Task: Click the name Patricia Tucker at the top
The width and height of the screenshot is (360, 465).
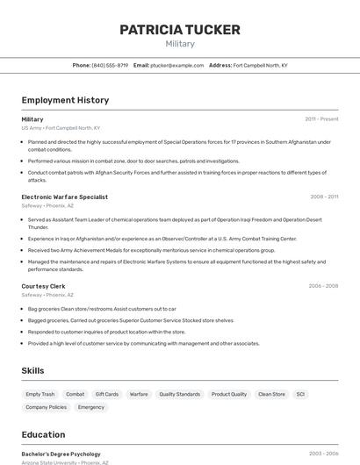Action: (x=179, y=30)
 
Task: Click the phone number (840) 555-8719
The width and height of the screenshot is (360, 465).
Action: (x=110, y=65)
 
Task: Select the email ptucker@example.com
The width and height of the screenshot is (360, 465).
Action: (x=176, y=65)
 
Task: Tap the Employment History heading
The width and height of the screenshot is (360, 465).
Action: (x=65, y=100)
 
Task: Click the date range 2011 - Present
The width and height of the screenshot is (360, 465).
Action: (x=321, y=119)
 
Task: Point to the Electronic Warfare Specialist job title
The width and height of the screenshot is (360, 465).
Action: (x=64, y=197)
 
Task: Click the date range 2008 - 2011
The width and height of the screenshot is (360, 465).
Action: (x=324, y=197)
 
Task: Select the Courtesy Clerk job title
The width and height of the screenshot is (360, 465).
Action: (x=43, y=286)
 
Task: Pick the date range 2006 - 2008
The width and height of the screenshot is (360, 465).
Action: (x=323, y=286)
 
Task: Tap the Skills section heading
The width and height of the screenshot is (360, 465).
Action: (x=32, y=371)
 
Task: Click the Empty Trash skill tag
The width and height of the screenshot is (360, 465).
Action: (x=40, y=395)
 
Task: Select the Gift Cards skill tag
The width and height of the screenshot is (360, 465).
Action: (x=107, y=395)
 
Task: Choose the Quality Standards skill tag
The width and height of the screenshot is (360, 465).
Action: (x=179, y=395)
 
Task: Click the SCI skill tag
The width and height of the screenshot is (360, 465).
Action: (x=300, y=395)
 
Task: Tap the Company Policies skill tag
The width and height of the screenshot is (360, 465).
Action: (x=46, y=407)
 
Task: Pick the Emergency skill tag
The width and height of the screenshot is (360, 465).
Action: (x=91, y=407)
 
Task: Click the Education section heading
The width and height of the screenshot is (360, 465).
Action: (x=43, y=434)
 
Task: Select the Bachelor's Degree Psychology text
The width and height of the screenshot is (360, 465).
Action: (x=61, y=454)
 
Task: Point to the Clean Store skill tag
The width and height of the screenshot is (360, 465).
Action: (x=271, y=395)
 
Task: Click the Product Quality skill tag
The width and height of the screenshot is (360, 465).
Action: (x=229, y=395)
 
